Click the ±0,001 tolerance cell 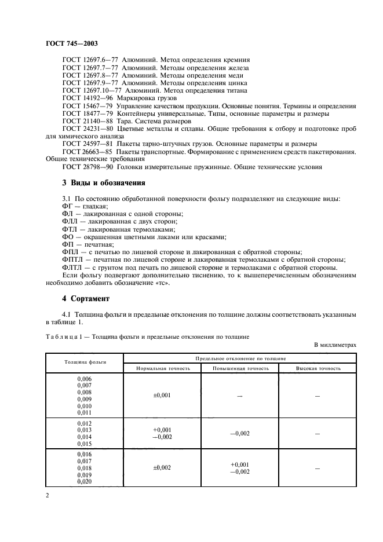click(x=161, y=395)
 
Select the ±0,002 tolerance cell click(x=161, y=467)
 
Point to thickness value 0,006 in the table click(x=84, y=378)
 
